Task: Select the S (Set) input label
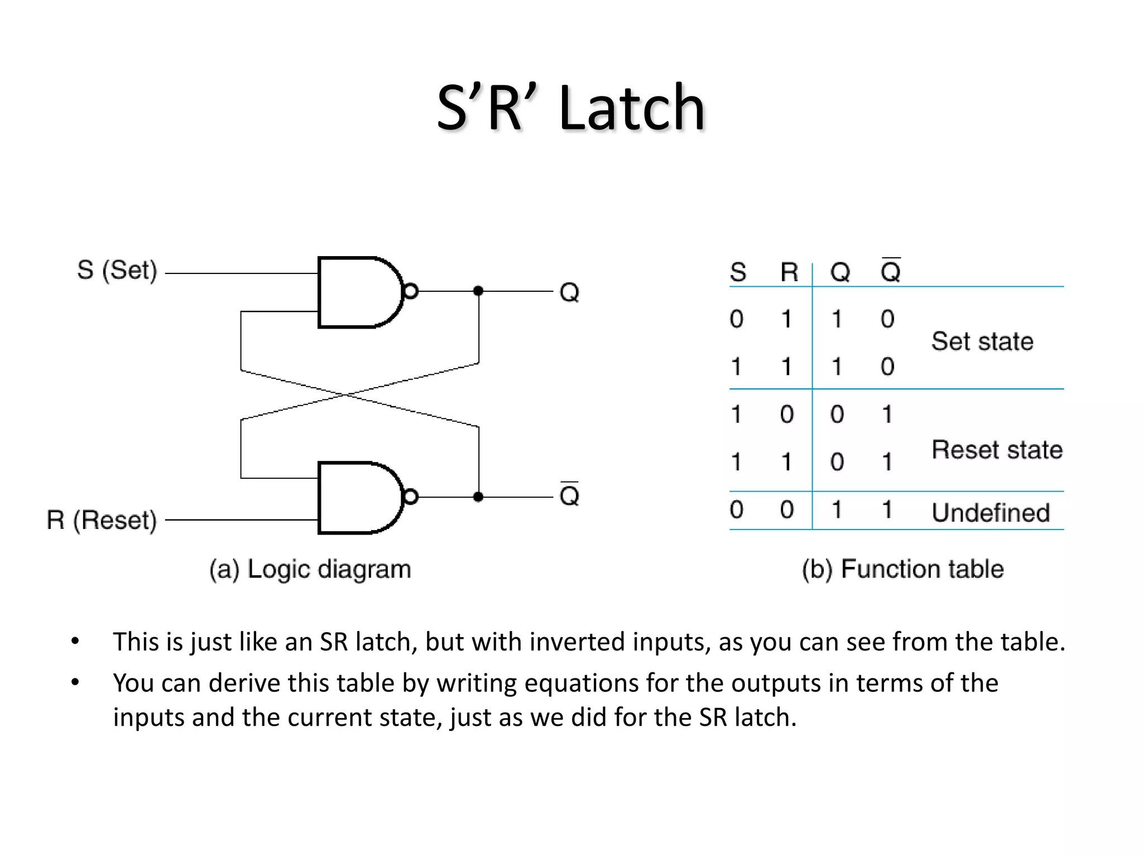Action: pos(117,271)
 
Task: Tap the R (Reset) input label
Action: pos(102,520)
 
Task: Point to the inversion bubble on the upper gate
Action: pos(410,291)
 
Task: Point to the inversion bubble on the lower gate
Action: pos(410,497)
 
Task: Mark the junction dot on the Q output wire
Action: pos(478,291)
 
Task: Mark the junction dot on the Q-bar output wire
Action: pos(478,497)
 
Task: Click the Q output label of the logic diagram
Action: pos(569,292)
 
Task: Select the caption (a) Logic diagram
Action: pos(310,569)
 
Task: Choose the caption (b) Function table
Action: pos(902,569)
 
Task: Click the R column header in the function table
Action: pos(789,272)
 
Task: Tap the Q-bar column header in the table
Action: pos(890,272)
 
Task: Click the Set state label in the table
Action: pos(982,341)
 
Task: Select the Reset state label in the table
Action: pos(997,450)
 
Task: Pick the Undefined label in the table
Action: pos(991,513)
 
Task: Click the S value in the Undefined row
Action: pos(737,509)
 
